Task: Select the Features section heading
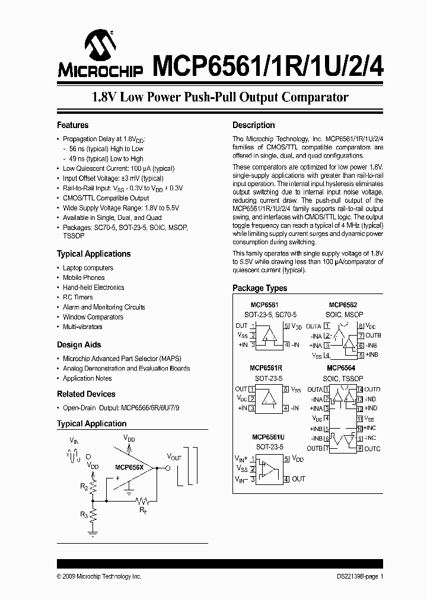(x=72, y=125)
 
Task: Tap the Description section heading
(x=253, y=125)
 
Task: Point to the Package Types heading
(x=259, y=288)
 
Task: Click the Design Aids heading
(x=79, y=344)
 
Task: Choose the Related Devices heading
(x=86, y=394)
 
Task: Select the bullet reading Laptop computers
(x=88, y=268)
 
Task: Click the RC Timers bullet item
(x=78, y=297)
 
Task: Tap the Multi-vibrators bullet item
(x=82, y=327)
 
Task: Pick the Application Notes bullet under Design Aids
(x=87, y=378)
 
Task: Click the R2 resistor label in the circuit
(x=84, y=487)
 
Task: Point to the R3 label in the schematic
(x=84, y=515)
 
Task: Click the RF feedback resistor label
(x=143, y=509)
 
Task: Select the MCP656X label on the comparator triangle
(x=129, y=467)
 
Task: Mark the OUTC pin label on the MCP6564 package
(x=372, y=449)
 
